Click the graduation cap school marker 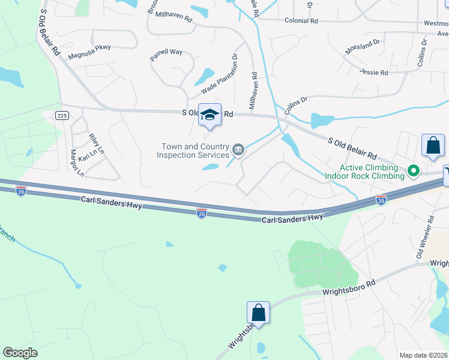209,115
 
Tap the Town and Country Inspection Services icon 238,149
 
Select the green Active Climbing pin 413,172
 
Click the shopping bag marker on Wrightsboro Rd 258,313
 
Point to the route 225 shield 62,116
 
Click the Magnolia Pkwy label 89,52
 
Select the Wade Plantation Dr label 220,75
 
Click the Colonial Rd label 301,20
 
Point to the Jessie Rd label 373,72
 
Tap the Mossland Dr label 363,47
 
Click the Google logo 20,353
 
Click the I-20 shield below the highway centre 202,214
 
